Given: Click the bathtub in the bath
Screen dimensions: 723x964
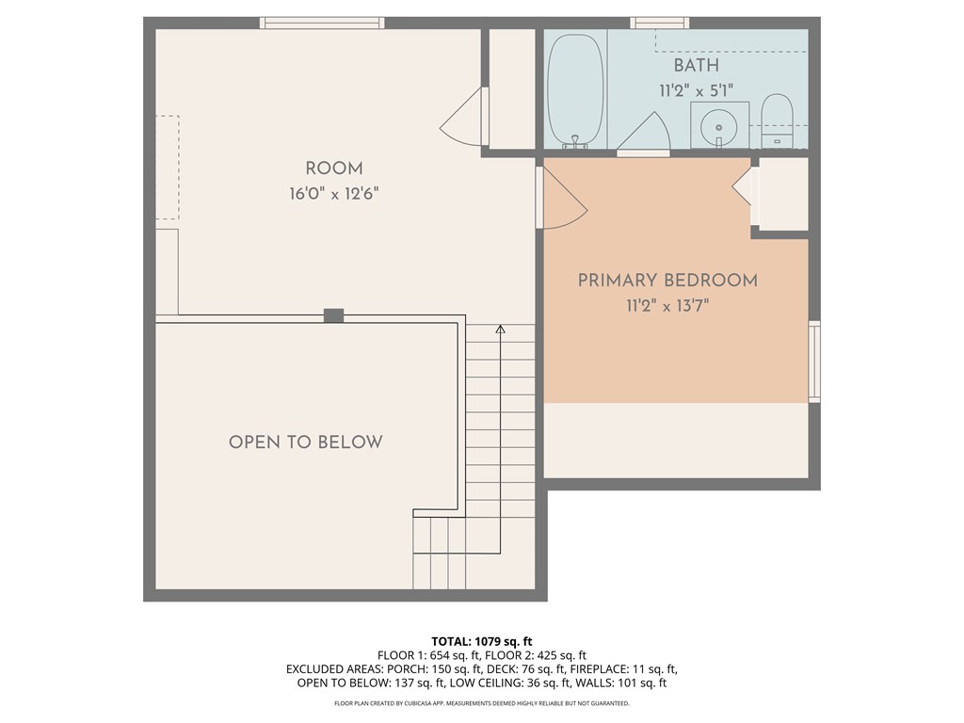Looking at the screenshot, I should pos(575,89).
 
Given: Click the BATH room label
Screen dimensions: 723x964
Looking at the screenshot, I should pos(696,66).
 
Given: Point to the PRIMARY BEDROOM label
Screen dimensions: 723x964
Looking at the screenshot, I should pos(667,281).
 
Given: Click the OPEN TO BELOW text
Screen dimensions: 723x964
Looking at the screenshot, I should pos(306,442).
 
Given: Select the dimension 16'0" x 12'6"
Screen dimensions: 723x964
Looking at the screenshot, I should pos(334,194).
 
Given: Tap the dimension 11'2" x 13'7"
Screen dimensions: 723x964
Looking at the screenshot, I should pos(667,306).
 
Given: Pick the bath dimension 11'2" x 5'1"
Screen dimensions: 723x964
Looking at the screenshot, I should pos(696,90).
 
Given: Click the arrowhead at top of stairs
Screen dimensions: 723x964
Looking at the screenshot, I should pos(500,329).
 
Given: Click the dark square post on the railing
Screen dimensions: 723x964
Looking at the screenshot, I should pos(333,315).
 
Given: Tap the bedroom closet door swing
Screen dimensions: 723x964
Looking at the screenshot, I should pos(743,187).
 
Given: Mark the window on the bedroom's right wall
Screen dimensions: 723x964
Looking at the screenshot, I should pos(814,361).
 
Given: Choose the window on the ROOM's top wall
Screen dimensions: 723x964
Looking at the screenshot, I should pos(322,23).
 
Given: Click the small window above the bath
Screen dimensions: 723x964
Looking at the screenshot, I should pos(659,23).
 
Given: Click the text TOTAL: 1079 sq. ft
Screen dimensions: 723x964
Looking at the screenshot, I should pos(481,642).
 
